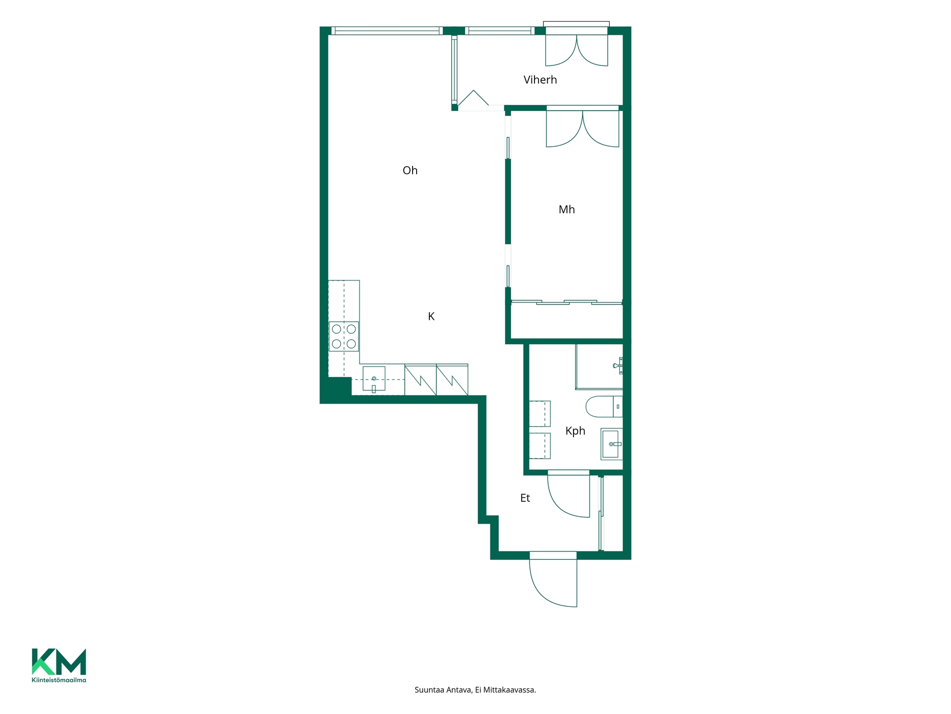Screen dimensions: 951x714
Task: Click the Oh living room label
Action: [410, 171]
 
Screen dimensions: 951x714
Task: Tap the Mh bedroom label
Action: [567, 210]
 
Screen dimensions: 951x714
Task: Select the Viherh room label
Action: [540, 80]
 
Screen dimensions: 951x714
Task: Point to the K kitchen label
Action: [431, 316]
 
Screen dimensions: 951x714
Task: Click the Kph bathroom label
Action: [575, 431]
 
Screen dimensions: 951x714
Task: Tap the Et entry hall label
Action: [525, 498]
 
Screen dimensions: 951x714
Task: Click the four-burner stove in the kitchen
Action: [344, 336]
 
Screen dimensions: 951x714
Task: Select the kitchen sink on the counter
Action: [374, 379]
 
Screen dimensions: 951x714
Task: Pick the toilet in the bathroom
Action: [604, 407]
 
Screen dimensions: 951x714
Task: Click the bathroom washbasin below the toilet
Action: [612, 444]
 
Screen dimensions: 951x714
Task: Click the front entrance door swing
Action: [553, 579]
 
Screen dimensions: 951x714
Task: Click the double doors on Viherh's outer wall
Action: [577, 47]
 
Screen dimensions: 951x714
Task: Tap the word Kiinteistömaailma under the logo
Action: [59, 680]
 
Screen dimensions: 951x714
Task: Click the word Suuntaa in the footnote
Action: [429, 690]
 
